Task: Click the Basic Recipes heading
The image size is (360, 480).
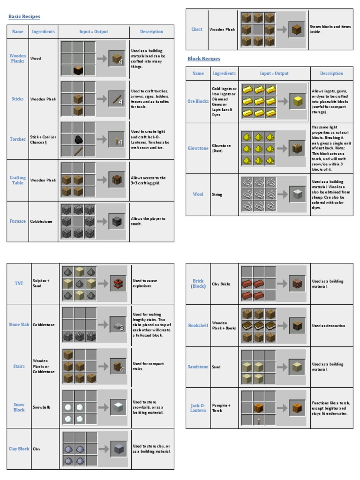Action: click(24, 17)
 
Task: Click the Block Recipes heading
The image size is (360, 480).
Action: click(204, 59)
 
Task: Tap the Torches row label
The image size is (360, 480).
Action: click(18, 139)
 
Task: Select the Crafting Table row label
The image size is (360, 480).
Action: click(18, 180)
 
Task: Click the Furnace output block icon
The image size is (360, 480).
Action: click(117, 221)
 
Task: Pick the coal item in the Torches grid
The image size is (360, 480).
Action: click(78, 139)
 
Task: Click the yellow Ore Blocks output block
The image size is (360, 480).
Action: click(297, 101)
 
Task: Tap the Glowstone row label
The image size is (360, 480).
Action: click(198, 148)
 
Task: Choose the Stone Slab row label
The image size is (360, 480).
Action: click(19, 324)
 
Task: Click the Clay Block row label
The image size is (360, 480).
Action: click(19, 449)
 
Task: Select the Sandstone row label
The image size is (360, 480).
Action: click(198, 367)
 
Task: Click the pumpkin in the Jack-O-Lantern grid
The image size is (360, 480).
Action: click(258, 407)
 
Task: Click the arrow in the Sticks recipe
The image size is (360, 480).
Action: click(102, 99)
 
